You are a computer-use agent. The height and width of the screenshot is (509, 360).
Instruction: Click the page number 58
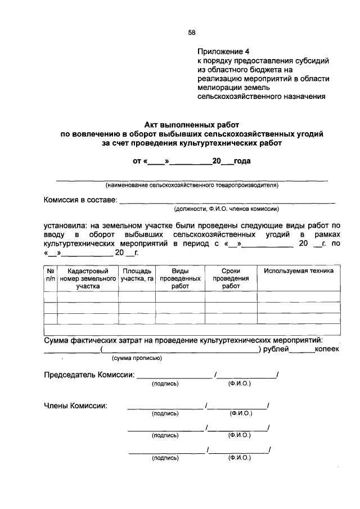coord(191,33)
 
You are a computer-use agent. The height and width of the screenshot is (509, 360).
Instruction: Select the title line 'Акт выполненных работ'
coord(192,125)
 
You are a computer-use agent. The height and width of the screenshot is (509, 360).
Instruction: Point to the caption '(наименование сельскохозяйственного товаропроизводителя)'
coord(191,184)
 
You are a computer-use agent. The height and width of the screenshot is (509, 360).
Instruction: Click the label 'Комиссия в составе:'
coord(80,200)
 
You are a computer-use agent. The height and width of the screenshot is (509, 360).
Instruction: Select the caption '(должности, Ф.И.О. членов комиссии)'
coord(227,209)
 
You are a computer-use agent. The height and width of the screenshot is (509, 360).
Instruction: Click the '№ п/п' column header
coord(50,274)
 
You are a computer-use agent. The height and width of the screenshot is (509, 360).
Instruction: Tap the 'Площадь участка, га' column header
coord(137,274)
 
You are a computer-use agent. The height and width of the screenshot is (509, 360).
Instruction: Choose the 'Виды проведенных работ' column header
coord(180,278)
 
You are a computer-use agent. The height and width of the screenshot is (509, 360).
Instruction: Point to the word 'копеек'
coord(327,349)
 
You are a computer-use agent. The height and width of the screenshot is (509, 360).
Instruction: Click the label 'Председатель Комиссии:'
coord(89,375)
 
